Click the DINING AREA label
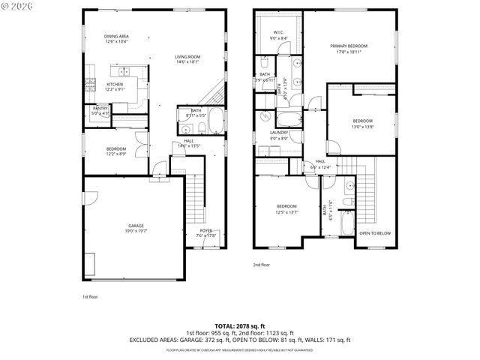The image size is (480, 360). [116, 37]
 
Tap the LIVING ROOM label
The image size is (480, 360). [187, 56]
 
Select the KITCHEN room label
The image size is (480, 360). [115, 84]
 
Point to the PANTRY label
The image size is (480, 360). [100, 109]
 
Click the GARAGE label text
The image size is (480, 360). [136, 225]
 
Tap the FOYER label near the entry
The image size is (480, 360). [206, 230]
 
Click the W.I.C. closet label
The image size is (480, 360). [277, 32]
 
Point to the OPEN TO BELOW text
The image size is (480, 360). [374, 233]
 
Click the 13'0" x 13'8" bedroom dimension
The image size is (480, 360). [363, 126]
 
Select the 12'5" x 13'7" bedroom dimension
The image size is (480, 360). [286, 211]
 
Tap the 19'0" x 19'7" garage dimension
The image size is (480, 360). [136, 231]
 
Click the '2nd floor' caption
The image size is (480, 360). [261, 265]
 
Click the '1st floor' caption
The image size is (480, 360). [90, 297]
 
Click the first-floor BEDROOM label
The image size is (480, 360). [116, 148]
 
